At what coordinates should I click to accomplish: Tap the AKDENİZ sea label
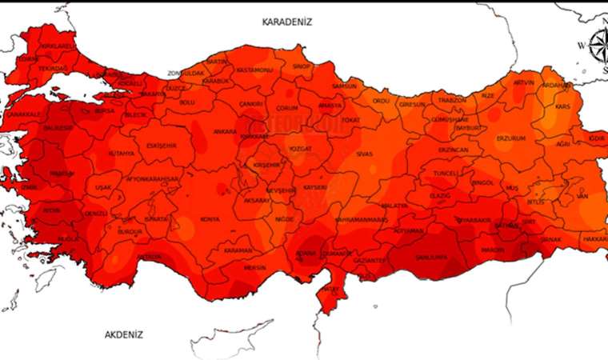tap(124, 334)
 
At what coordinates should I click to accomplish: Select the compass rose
tap(598, 50)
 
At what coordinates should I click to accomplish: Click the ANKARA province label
tap(225, 131)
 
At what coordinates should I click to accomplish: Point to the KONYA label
tap(210, 219)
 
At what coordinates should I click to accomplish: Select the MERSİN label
tap(254, 267)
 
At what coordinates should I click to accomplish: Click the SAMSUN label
tap(345, 86)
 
